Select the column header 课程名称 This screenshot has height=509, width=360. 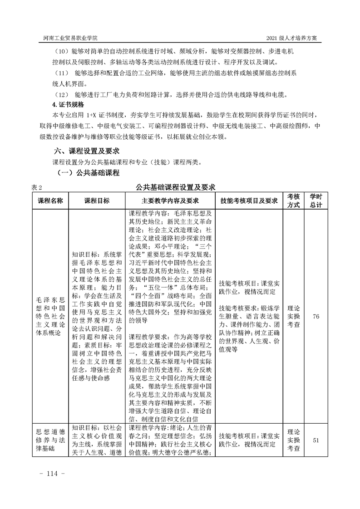pos(50,201)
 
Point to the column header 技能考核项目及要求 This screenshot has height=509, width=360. pos(249,201)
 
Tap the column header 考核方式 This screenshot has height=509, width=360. pos(294,201)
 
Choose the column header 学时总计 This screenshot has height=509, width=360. pos(316,201)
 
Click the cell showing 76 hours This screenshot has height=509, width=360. pos(316,316)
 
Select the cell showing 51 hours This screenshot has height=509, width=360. pos(316,440)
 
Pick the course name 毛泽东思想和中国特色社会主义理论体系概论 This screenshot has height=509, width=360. pos(50,316)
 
